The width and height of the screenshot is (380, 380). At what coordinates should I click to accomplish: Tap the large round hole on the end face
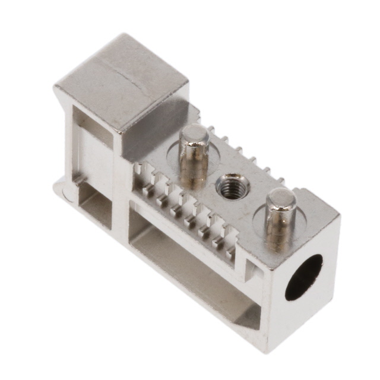[303, 277]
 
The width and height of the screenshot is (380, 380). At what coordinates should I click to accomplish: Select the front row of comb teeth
[184, 208]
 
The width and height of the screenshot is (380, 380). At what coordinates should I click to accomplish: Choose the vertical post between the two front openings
[122, 196]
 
